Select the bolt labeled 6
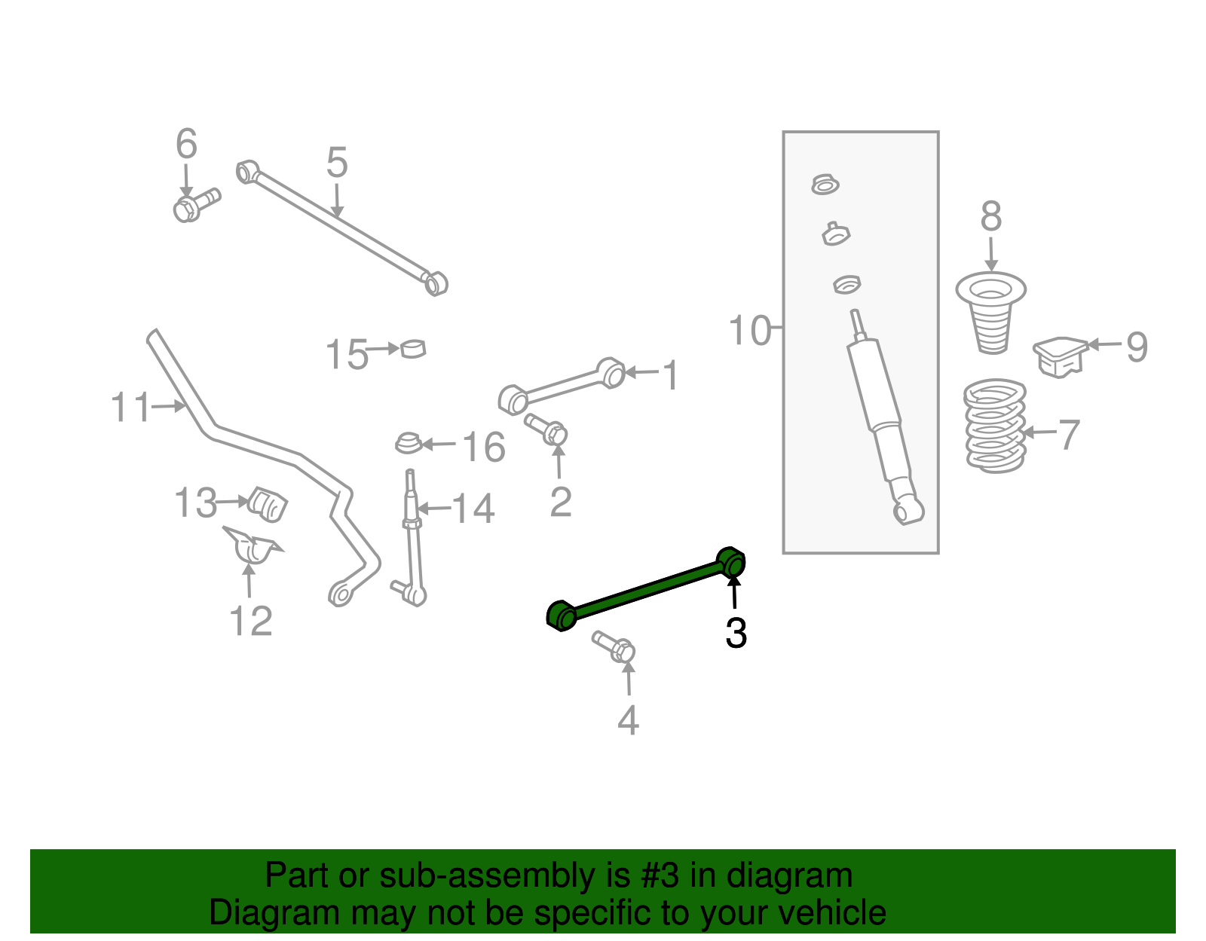(194, 204)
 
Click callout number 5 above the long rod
(337, 163)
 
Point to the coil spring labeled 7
(995, 426)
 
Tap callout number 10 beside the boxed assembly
(749, 331)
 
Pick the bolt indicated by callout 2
(548, 429)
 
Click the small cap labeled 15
(413, 348)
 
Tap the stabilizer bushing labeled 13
(268, 503)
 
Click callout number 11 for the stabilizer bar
(131, 408)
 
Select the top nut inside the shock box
(825, 184)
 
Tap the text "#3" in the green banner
(661, 876)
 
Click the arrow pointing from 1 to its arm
(641, 372)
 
